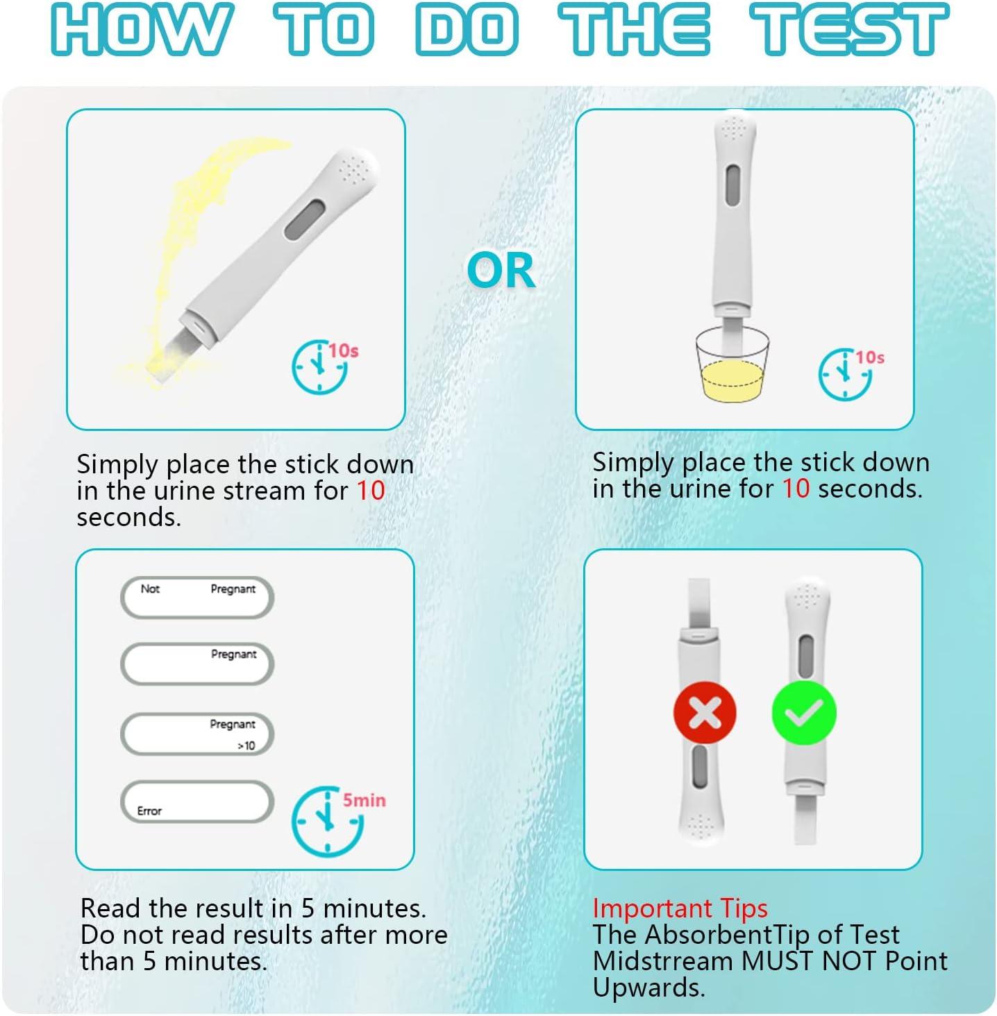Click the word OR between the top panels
501,270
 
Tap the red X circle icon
705,713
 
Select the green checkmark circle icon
804,713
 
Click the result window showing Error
196,802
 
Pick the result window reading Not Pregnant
196,598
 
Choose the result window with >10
196,734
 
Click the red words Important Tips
680,908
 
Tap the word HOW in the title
142,30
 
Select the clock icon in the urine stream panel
319,366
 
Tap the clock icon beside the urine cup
844,373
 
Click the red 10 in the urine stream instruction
371,491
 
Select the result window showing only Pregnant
196,664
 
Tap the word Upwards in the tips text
648,987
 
